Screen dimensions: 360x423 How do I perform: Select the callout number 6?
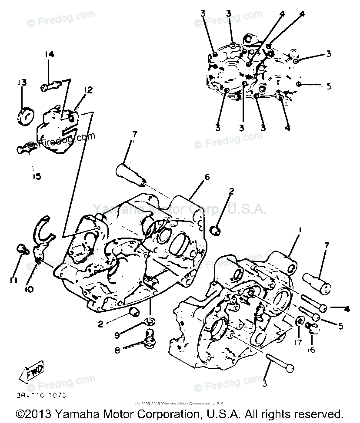207,177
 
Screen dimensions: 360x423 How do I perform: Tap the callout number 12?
88,90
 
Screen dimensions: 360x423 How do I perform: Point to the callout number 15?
37,176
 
